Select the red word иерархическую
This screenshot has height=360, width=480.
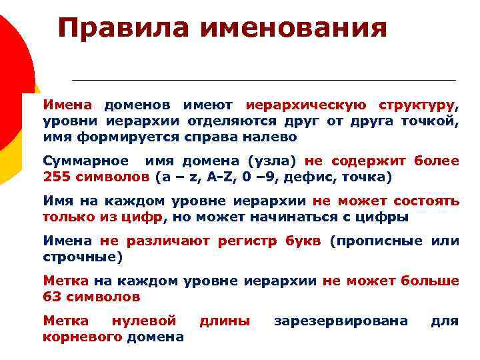click(305, 105)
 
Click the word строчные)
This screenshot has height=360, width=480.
click(83, 257)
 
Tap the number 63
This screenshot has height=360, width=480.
click(51, 297)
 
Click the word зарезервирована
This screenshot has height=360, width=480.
click(341, 321)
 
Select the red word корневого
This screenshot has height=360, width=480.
click(83, 337)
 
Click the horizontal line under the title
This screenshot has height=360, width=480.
click(263, 80)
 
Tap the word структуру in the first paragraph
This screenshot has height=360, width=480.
click(417, 105)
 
